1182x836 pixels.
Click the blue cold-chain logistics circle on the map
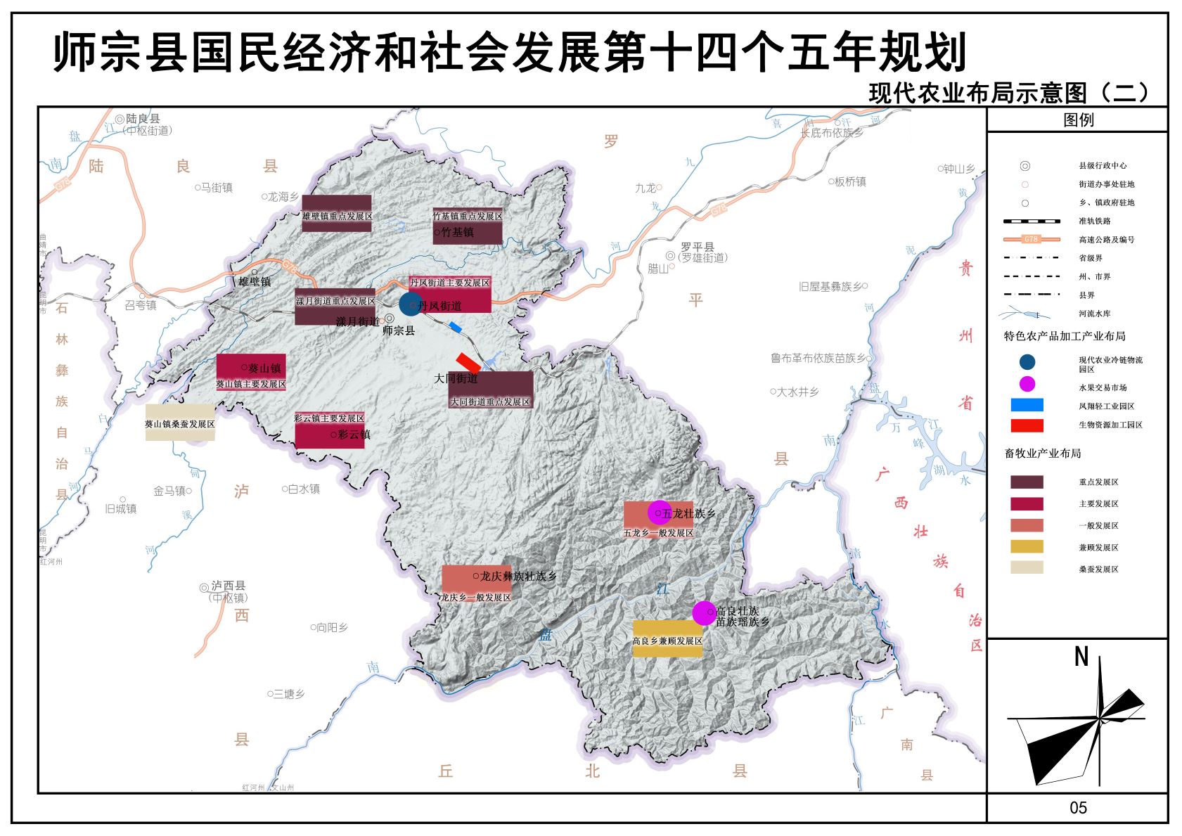point(409,304)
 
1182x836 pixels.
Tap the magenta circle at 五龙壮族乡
point(659,513)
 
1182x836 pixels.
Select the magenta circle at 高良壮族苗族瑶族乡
point(704,613)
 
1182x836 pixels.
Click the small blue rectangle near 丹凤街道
point(456,327)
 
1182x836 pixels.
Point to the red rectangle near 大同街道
point(468,363)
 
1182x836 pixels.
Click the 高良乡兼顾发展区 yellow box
point(667,639)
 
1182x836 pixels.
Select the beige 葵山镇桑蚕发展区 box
point(180,423)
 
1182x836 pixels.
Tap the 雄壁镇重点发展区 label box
point(337,214)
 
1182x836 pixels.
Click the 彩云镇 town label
point(351,435)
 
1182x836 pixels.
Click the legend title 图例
point(1078,120)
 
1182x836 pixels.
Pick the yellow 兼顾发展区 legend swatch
point(1027,546)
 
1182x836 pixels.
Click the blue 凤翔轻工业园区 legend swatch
point(1027,405)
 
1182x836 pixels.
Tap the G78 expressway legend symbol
point(1032,239)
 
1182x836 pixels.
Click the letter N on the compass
point(1081,657)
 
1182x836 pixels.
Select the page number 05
point(1078,808)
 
